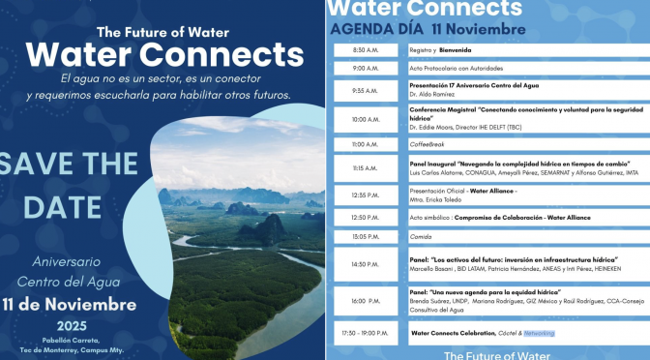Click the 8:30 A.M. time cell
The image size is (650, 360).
click(366, 49)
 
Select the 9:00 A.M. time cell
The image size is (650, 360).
click(366, 69)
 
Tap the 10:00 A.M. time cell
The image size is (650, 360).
click(366, 119)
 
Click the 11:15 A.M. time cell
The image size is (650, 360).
click(366, 167)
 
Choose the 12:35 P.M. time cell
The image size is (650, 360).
click(366, 195)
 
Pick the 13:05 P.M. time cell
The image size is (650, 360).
click(366, 236)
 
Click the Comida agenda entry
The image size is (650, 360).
click(422, 236)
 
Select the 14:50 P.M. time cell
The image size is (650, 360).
click(366, 264)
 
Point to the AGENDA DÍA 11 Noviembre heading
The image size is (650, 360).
click(413, 29)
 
